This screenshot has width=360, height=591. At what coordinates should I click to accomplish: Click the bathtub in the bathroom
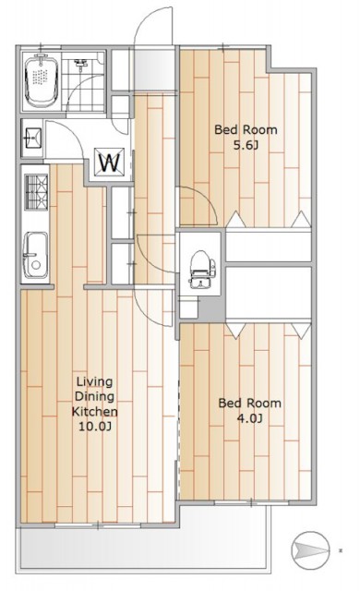(x=42, y=80)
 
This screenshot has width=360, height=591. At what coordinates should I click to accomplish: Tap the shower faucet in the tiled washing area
(x=80, y=63)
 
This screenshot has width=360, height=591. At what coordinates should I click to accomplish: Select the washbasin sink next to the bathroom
(x=33, y=139)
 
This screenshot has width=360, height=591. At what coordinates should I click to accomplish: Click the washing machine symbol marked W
(x=109, y=163)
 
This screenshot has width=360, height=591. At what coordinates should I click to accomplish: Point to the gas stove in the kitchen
(x=36, y=191)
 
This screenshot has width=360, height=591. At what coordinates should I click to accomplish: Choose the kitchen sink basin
(x=35, y=255)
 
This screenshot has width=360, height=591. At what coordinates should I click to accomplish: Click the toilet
(x=200, y=269)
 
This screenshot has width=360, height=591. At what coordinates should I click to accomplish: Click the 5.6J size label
(x=246, y=146)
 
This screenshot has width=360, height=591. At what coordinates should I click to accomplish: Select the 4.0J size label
(x=249, y=418)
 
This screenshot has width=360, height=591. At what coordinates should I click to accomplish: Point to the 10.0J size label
(x=94, y=427)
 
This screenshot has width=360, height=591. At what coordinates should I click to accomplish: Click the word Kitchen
(x=94, y=412)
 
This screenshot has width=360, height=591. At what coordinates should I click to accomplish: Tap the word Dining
(x=94, y=396)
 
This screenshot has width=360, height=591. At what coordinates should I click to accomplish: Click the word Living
(x=94, y=381)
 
